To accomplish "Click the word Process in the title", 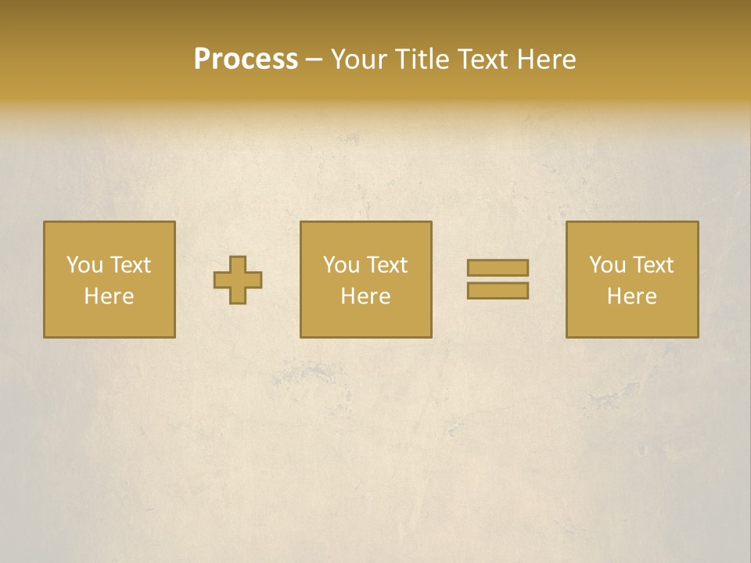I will pos(246,59).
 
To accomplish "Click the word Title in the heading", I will pos(424,59).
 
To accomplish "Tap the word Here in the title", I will pos(545,59).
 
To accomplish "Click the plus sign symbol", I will pos(238,280).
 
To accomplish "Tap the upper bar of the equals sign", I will pos(498,267).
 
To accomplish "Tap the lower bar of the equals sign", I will pos(498,291).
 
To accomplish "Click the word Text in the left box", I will pos(130,265).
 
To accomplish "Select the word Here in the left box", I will pos(109,296).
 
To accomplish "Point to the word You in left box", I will pos(84,265).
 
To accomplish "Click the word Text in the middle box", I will pos(386,265).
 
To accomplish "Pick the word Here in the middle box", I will pos(365,296).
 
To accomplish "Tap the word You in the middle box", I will pos(341,265).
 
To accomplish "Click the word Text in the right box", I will pos(652,265).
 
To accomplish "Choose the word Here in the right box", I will pos(631,296).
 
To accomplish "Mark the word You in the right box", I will pos(607,265).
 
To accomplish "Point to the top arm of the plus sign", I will pos(238,264).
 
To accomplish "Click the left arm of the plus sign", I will pos(221,280).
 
